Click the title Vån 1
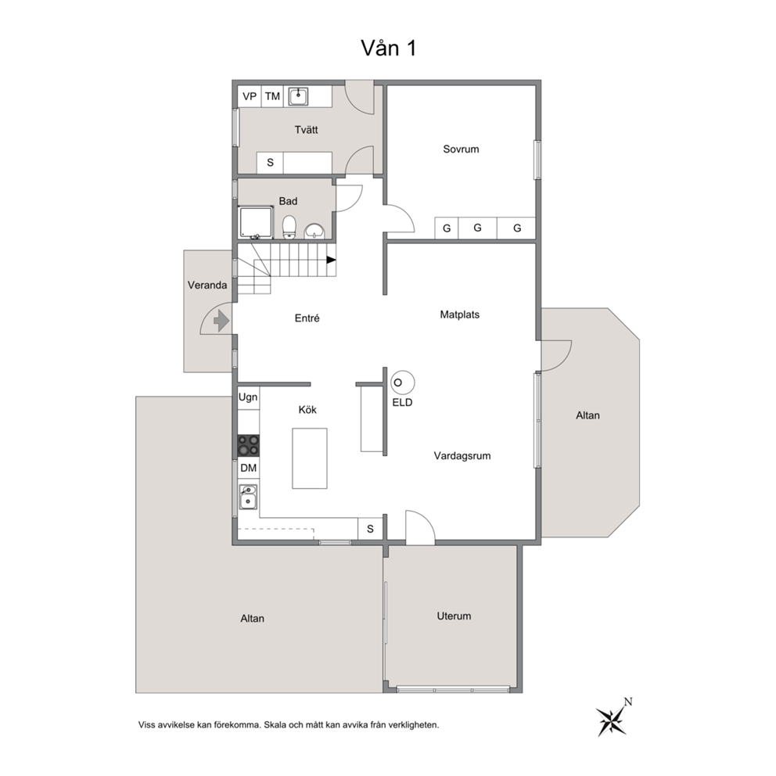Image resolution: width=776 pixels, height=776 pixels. coord(389,48)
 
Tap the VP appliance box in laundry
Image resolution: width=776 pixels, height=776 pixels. coord(250,96)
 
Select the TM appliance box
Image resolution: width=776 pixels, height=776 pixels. coord(272,96)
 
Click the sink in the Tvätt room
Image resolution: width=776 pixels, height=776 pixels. coord(298,96)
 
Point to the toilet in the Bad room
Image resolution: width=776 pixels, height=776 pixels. coord(289,227)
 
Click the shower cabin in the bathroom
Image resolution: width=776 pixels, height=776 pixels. coord(255,222)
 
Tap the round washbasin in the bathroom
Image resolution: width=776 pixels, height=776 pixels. coord(314,231)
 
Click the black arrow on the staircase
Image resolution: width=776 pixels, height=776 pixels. coord(331,260)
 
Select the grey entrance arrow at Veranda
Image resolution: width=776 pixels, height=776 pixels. coord(221,321)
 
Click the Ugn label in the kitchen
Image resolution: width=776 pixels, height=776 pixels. coord(248,397)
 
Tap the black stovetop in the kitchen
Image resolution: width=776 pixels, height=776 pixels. coord(249,445)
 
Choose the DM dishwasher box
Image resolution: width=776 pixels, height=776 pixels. coord(249,468)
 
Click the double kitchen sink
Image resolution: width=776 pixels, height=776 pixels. coord(248,497)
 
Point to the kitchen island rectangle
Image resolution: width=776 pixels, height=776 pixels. coord(310,458)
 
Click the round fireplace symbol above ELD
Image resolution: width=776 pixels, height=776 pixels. coord(402,383)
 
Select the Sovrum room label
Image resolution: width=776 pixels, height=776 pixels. coord(461,149)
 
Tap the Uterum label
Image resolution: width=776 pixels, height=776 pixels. coord(454,616)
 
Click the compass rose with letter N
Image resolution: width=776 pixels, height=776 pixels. coord(613,717)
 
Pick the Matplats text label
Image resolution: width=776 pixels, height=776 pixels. coord(460,314)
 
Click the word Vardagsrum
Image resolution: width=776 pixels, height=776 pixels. coord(462,456)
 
